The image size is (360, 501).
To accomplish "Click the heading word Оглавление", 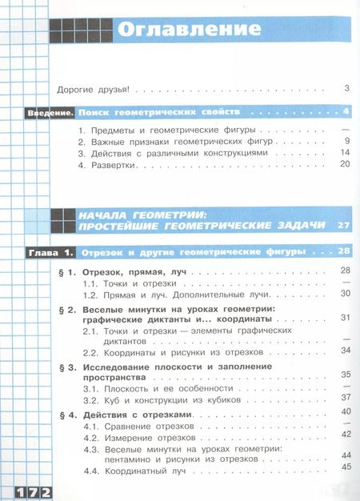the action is point(190,30).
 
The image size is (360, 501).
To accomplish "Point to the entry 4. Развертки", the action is point(108,165).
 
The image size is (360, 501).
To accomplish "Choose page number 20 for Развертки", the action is point(346,164).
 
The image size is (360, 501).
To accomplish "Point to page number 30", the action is point(346,294).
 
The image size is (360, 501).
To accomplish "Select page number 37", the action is point(346,398).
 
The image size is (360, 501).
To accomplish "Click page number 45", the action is point(346,467).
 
